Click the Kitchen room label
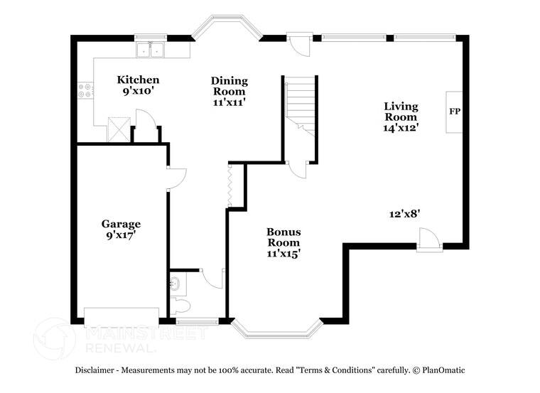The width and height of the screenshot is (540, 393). coord(138,80)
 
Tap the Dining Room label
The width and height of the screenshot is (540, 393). coord(228,85)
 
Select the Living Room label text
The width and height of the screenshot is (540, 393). coord(401,112)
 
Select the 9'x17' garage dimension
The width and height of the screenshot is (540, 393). coord(120,234)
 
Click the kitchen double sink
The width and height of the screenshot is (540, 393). coord(151,50)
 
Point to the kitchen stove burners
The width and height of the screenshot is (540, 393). coord(86,91)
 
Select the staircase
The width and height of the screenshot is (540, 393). coord(300,103)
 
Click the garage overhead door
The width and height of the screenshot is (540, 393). coord(121,317)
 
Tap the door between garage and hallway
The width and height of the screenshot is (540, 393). coord(175,178)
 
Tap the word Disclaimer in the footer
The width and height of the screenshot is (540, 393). coord(99,370)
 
